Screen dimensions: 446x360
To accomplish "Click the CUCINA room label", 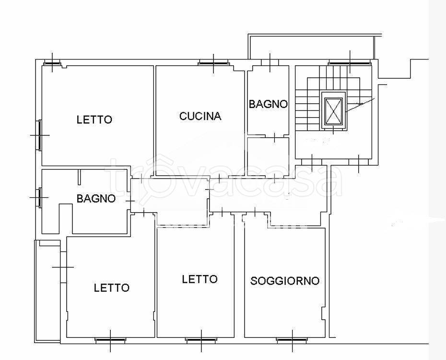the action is pos(200,116).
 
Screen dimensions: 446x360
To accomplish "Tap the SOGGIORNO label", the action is pos(285,281).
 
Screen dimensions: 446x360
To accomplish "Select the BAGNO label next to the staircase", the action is pos(268,104).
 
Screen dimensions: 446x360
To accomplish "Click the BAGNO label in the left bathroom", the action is pos(96,198).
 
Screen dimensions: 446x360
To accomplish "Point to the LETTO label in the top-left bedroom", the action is pos(94,120).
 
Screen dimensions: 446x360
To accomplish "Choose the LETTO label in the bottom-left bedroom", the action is pos(111,288).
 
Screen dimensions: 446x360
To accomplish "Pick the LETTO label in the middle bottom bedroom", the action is pos(200,279).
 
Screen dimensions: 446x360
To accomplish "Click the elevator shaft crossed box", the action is pos(333,111).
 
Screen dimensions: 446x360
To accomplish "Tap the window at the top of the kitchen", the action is pos(213,62).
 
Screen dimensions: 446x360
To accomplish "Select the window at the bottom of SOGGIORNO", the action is pos(292,340).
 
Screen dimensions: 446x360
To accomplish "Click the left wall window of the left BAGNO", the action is pos(39,197).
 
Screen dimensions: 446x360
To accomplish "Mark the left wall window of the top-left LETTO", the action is pos(39,134).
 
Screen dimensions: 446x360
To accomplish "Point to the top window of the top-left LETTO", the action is pos(52,62).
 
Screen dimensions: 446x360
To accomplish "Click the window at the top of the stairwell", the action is pos(350,62).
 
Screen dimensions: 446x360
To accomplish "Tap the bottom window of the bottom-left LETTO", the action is pos(110,340).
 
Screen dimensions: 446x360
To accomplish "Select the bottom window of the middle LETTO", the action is pos(201,340).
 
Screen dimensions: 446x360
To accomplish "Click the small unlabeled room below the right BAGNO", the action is pos(268,156).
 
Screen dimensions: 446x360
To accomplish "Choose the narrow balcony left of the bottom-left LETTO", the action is pos(47,290).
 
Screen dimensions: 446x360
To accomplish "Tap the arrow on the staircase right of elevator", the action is pos(360,105).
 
